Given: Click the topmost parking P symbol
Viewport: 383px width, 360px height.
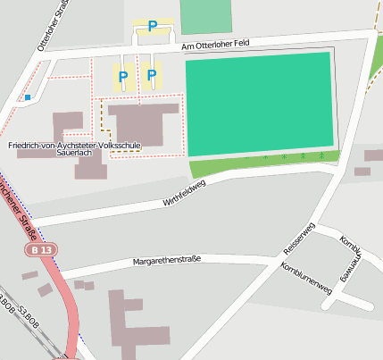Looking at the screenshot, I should click(152, 26).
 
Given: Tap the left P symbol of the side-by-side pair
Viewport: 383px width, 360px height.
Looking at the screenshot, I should click(122, 77).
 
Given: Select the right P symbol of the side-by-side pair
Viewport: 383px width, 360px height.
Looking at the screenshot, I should click(151, 76).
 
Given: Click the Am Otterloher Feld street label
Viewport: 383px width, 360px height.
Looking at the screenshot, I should click(221, 44).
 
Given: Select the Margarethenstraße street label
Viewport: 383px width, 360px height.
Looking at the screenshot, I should click(166, 260).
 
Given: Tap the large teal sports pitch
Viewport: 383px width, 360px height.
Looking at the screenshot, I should click(260, 104).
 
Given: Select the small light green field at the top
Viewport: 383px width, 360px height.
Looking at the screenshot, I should click(205, 16).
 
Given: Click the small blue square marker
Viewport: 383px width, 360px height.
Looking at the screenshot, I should click(28, 96).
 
